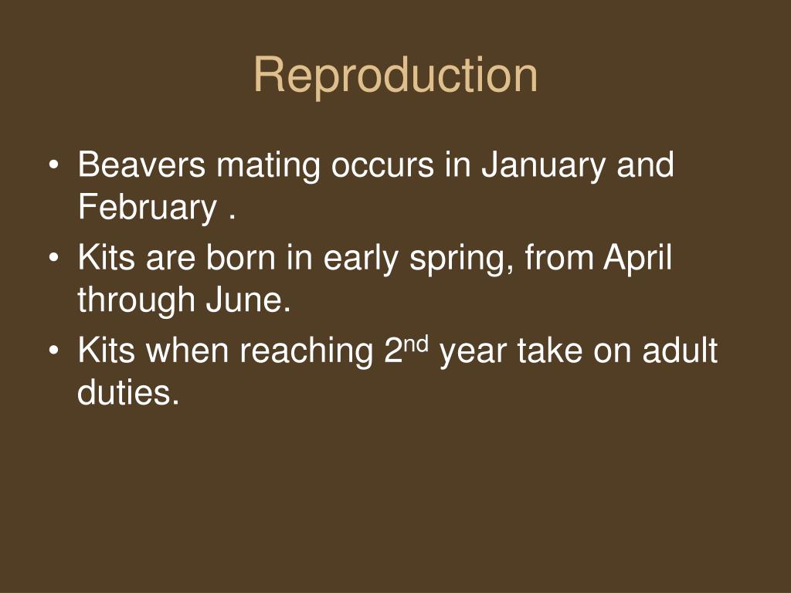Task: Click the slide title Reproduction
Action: click(x=395, y=76)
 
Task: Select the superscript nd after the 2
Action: click(x=418, y=343)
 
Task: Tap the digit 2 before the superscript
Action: click(x=392, y=351)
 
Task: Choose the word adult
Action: click(x=681, y=351)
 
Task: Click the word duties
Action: click(x=128, y=394)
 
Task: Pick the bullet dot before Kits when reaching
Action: click(x=54, y=352)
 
